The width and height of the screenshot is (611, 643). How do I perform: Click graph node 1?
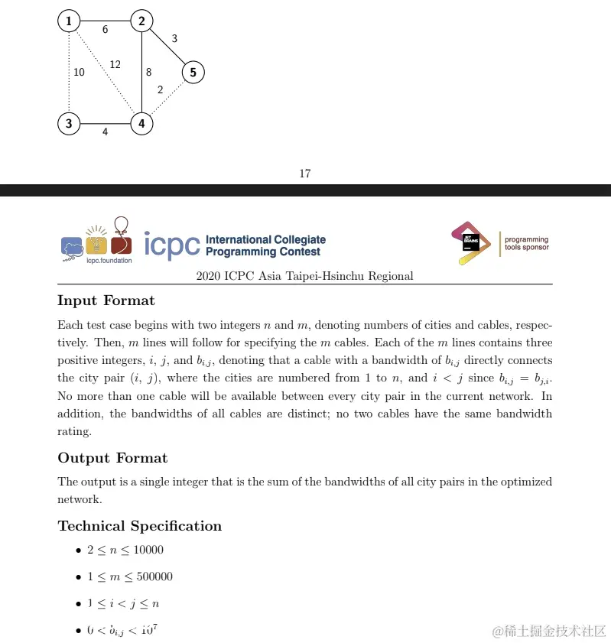pyautogui.click(x=69, y=21)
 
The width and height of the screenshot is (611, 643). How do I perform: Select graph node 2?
pyautogui.click(x=141, y=21)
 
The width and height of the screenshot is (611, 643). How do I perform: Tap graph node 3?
pyautogui.click(x=69, y=123)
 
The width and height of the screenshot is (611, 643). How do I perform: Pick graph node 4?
pyautogui.click(x=141, y=123)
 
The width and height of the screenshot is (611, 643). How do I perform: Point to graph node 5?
pyautogui.click(x=193, y=73)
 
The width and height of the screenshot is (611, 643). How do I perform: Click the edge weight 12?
pyautogui.click(x=115, y=64)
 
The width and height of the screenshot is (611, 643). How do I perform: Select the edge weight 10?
pyautogui.click(x=79, y=73)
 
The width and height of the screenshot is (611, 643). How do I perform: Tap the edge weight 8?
pyautogui.click(x=148, y=73)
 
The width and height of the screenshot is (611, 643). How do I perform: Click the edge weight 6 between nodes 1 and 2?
pyautogui.click(x=105, y=30)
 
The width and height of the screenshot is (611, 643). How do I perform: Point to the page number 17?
pyautogui.click(x=305, y=174)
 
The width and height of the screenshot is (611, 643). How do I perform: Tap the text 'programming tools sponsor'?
pyautogui.click(x=526, y=243)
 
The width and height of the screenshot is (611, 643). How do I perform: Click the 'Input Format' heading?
pyautogui.click(x=106, y=300)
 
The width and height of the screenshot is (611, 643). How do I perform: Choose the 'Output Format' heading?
pyautogui.click(x=112, y=458)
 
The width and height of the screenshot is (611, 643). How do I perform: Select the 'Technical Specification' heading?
pyautogui.click(x=140, y=526)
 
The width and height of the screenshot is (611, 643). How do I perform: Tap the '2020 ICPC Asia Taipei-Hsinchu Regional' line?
pyautogui.click(x=305, y=276)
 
